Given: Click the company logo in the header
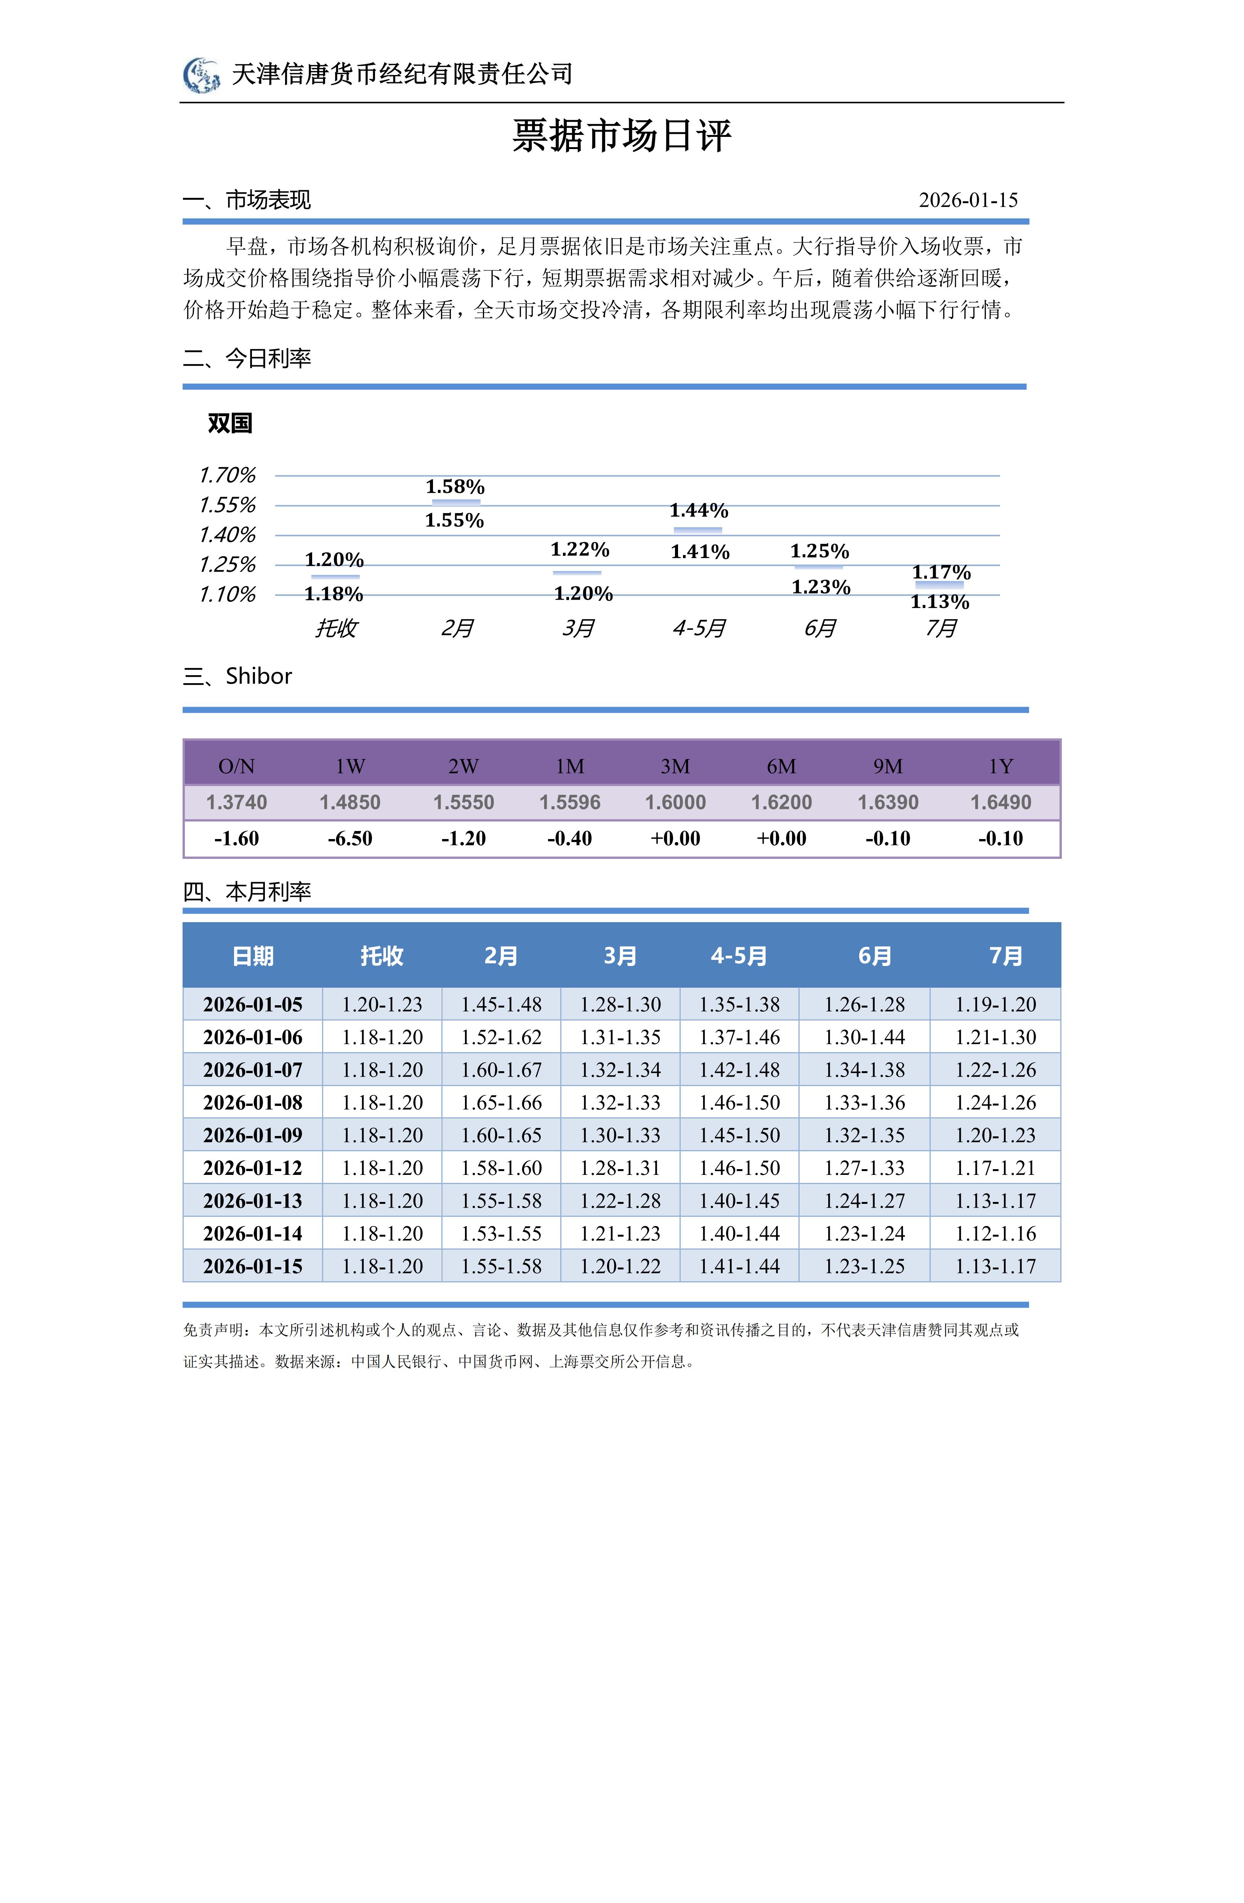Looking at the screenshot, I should pos(202,75).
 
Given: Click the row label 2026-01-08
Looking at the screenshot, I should pos(253,1102).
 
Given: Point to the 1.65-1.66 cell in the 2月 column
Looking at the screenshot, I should pos(501,1102).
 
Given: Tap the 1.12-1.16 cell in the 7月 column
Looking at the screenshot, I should pos(996,1234).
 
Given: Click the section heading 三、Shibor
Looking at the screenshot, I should pos(237,676).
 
